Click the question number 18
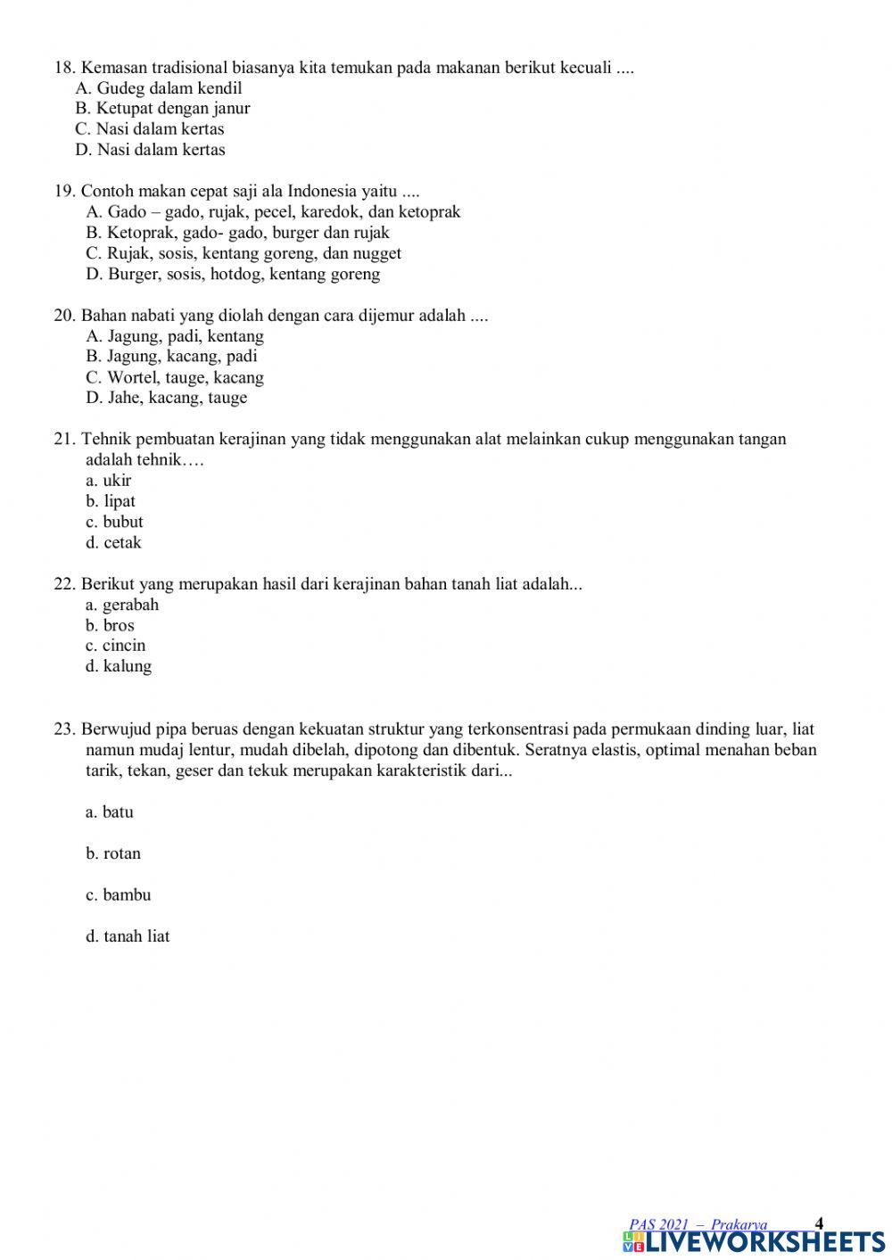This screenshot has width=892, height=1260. pos(64,68)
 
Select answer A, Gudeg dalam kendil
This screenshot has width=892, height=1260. pos(159,88)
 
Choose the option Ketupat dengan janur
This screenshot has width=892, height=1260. pos(162,109)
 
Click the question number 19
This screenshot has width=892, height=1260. pos(64,192)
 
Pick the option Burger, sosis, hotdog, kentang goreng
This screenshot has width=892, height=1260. pos(233,275)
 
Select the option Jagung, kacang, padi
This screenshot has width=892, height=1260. pos(172,357)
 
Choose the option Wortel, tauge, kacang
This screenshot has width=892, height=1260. pos(175,377)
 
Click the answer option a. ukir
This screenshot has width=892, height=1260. pos(109,481)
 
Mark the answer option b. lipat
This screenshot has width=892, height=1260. pos(111,501)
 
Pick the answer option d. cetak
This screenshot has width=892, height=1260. pos(113,543)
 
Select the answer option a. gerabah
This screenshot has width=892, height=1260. pos(122,605)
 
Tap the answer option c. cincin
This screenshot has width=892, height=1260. pos(116,646)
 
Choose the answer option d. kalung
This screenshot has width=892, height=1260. pos(119,666)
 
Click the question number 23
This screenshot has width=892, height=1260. pos(64,729)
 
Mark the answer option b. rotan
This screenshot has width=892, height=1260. pos(113,853)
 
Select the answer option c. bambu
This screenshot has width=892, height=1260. pos(119,894)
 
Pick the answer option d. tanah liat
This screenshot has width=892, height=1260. pos(128,936)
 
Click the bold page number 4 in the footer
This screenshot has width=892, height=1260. pos(820,1223)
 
